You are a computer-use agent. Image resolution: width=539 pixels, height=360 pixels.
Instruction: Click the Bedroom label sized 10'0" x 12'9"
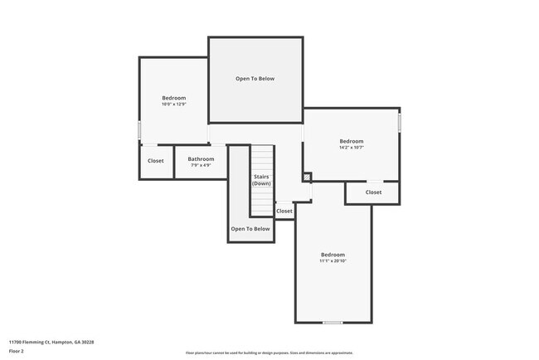(x=173, y=98)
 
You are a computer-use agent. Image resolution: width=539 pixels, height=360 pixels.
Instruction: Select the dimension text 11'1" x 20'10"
(x=333, y=260)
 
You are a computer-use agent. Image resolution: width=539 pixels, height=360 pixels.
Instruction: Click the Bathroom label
(x=201, y=158)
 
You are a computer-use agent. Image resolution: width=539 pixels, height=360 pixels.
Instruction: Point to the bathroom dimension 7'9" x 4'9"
(x=201, y=165)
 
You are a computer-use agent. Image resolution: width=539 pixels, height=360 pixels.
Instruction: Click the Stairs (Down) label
(x=261, y=180)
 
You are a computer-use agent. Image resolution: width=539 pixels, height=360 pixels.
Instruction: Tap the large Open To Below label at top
(x=255, y=79)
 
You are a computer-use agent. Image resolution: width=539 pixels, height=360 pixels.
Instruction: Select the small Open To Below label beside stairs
(x=250, y=228)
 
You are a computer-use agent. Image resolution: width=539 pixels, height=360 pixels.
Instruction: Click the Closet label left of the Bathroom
(x=156, y=161)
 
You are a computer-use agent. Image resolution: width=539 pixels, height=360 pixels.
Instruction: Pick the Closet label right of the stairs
(x=284, y=211)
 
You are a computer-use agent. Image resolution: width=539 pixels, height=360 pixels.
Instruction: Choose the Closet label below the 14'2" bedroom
(x=373, y=192)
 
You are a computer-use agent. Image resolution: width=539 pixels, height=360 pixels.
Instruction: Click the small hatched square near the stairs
(x=306, y=177)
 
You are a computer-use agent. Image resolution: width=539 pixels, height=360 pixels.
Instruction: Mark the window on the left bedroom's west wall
(x=139, y=130)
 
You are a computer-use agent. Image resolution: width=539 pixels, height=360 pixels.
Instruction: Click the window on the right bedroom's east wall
(x=399, y=123)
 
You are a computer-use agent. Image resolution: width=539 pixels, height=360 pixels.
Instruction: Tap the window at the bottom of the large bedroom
(x=333, y=322)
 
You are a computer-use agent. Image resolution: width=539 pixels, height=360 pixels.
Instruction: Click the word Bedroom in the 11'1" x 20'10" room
(x=333, y=254)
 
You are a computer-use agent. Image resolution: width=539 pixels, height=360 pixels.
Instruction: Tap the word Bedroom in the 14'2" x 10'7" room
(x=352, y=141)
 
